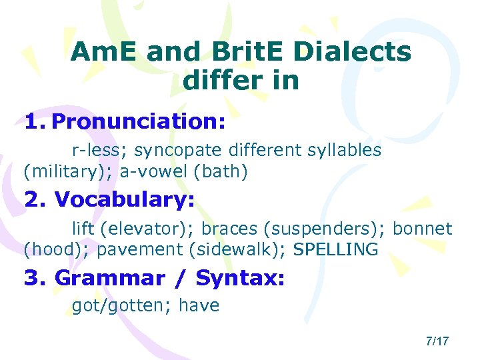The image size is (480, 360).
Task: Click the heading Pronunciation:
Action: [138, 121]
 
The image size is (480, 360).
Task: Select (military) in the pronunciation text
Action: [67, 172]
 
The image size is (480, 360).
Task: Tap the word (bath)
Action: [220, 172]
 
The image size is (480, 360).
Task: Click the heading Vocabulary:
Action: [125, 199]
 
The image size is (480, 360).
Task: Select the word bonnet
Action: [423, 229]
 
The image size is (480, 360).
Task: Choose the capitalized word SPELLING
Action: [336, 250]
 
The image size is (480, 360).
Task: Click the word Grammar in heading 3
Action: [109, 277]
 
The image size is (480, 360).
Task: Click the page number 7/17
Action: [437, 341]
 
